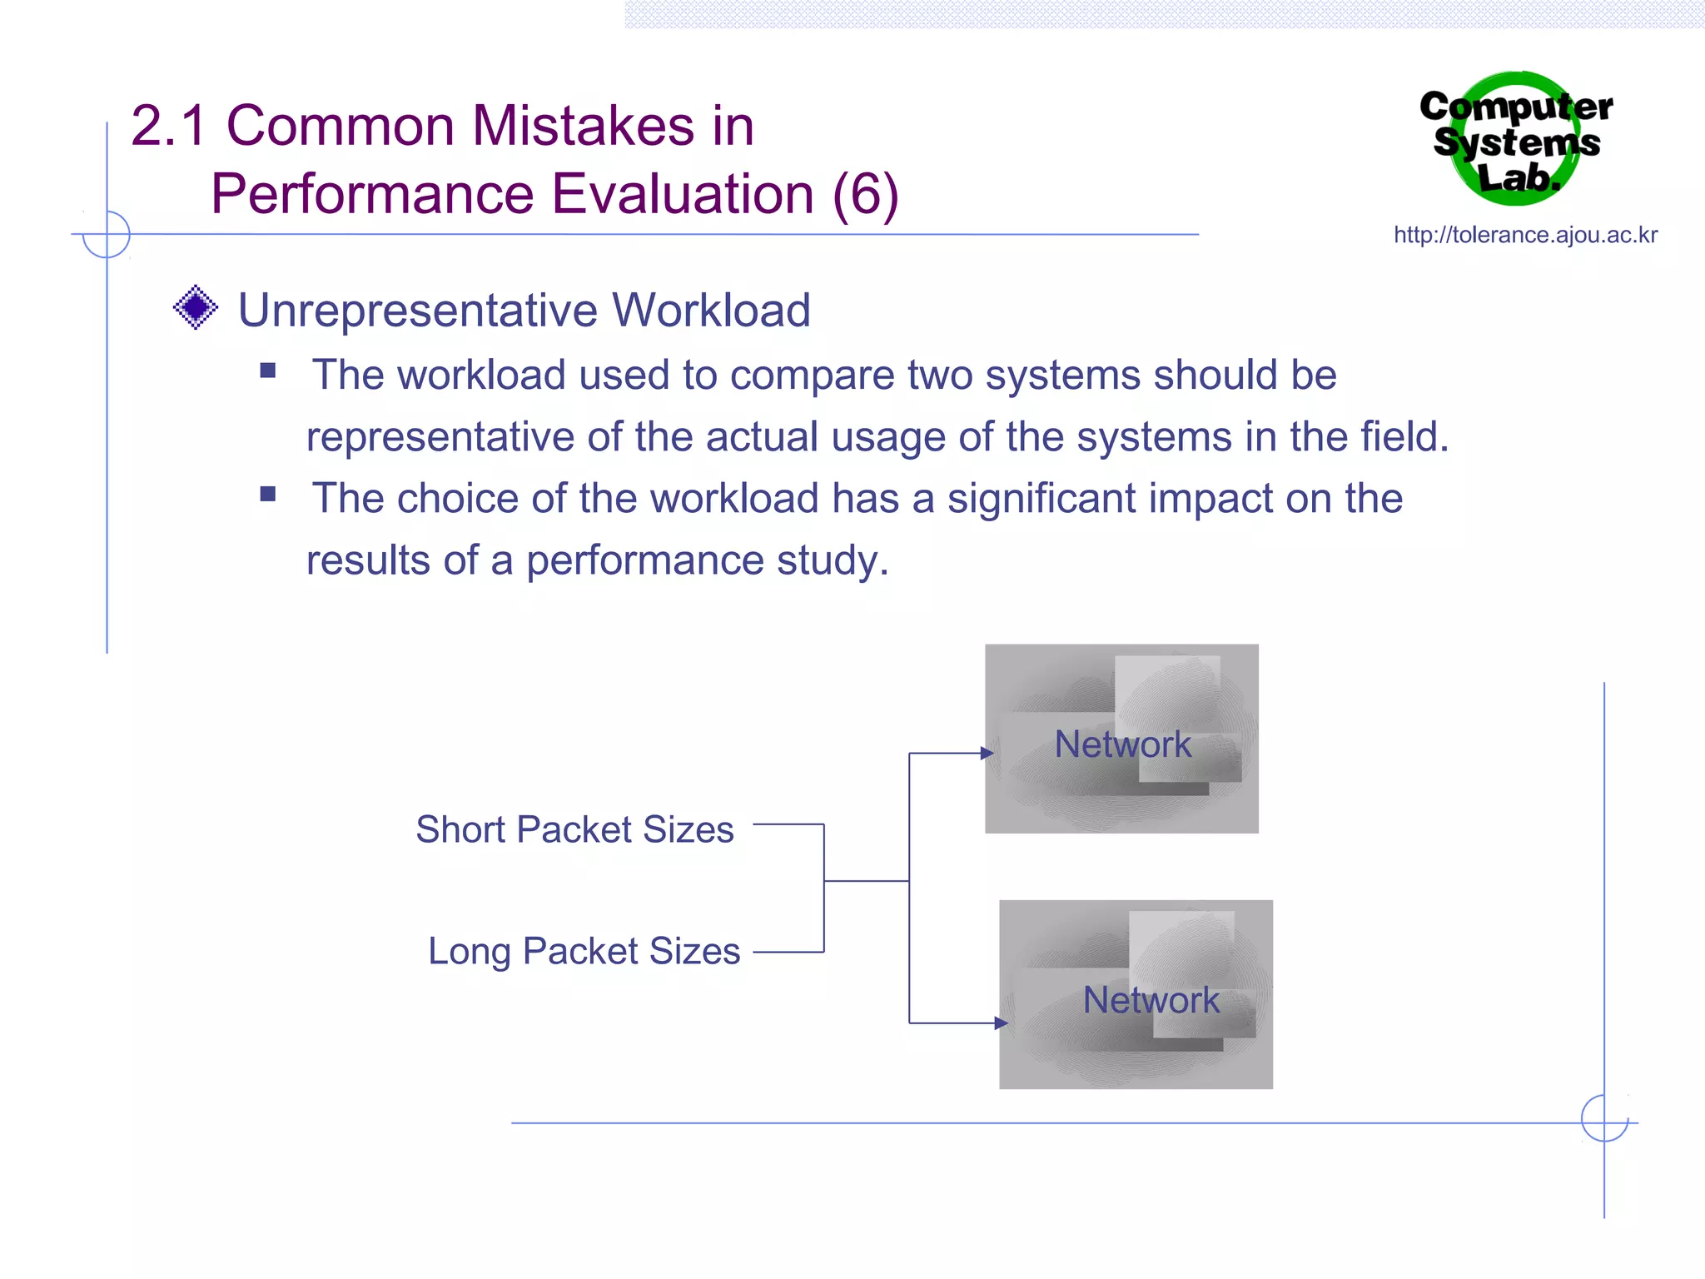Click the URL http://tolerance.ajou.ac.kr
[1525, 235]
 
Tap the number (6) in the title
[865, 195]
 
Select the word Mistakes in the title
[583, 127]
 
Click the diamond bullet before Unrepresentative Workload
[196, 307]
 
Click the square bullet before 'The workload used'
[268, 371]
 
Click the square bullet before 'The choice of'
[268, 494]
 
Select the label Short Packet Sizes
[574, 829]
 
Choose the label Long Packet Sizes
[584, 951]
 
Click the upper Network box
[1121, 739]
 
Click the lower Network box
[1136, 994]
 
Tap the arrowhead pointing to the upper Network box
[987, 754]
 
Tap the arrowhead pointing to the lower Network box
[1001, 1023]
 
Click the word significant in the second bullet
[1041, 499]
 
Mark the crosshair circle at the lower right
[1604, 1118]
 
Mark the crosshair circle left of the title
[107, 234]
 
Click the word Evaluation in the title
[683, 195]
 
